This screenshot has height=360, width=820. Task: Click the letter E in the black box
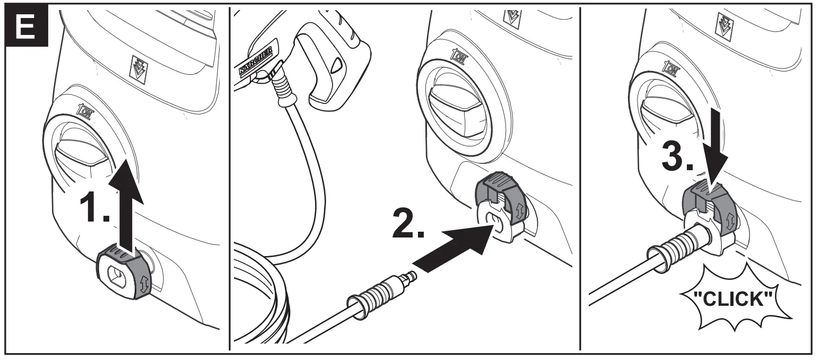pyautogui.click(x=25, y=25)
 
